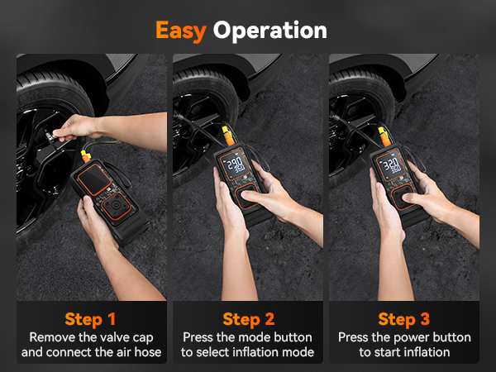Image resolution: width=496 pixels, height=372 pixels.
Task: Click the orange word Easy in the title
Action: pos(181,30)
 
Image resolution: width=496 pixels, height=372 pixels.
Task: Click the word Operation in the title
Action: pos(269,31)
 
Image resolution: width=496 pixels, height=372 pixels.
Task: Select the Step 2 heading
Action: pos(247,319)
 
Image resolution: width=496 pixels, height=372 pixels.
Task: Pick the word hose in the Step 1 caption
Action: pos(146,353)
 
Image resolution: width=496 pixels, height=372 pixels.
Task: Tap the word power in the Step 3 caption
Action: pos(411,337)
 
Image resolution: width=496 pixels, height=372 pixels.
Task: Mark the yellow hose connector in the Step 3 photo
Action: pos(383,134)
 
